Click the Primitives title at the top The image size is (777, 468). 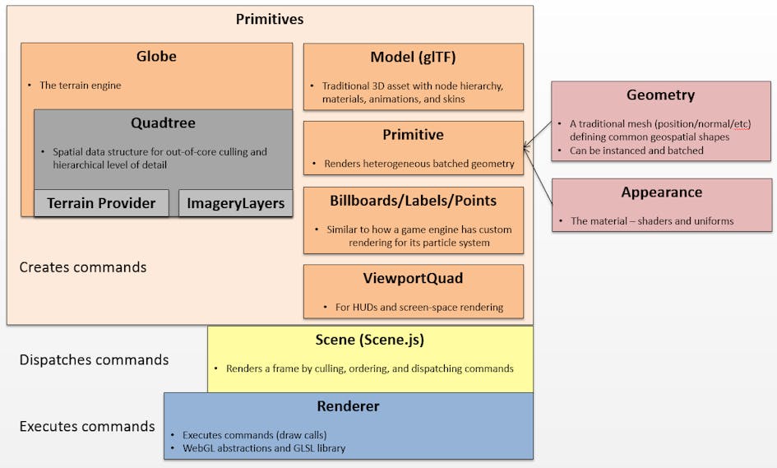pyautogui.click(x=270, y=19)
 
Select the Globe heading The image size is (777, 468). pyautogui.click(x=156, y=57)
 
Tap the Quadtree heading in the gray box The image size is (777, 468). pyautogui.click(x=162, y=123)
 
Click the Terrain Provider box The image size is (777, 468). pyautogui.click(x=101, y=203)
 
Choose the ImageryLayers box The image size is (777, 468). pyautogui.click(x=235, y=203)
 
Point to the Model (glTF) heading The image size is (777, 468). pyautogui.click(x=413, y=58)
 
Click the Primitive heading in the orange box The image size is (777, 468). pyautogui.click(x=413, y=135)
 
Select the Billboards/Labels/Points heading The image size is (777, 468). pyautogui.click(x=413, y=201)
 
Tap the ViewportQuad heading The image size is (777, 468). pyautogui.click(x=413, y=278)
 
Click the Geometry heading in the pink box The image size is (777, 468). pyautogui.click(x=660, y=95)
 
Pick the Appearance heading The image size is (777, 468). pyautogui.click(x=661, y=192)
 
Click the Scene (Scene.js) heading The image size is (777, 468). pyautogui.click(x=370, y=340)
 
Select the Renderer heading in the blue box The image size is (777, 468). pyautogui.click(x=348, y=406)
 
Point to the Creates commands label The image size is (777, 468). pyautogui.click(x=83, y=267)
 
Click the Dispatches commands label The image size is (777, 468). pyautogui.click(x=94, y=359)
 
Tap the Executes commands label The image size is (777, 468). pyautogui.click(x=87, y=426)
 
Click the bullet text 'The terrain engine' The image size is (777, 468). pyautogui.click(x=81, y=86)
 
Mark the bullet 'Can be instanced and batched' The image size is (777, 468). pyautogui.click(x=638, y=151)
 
